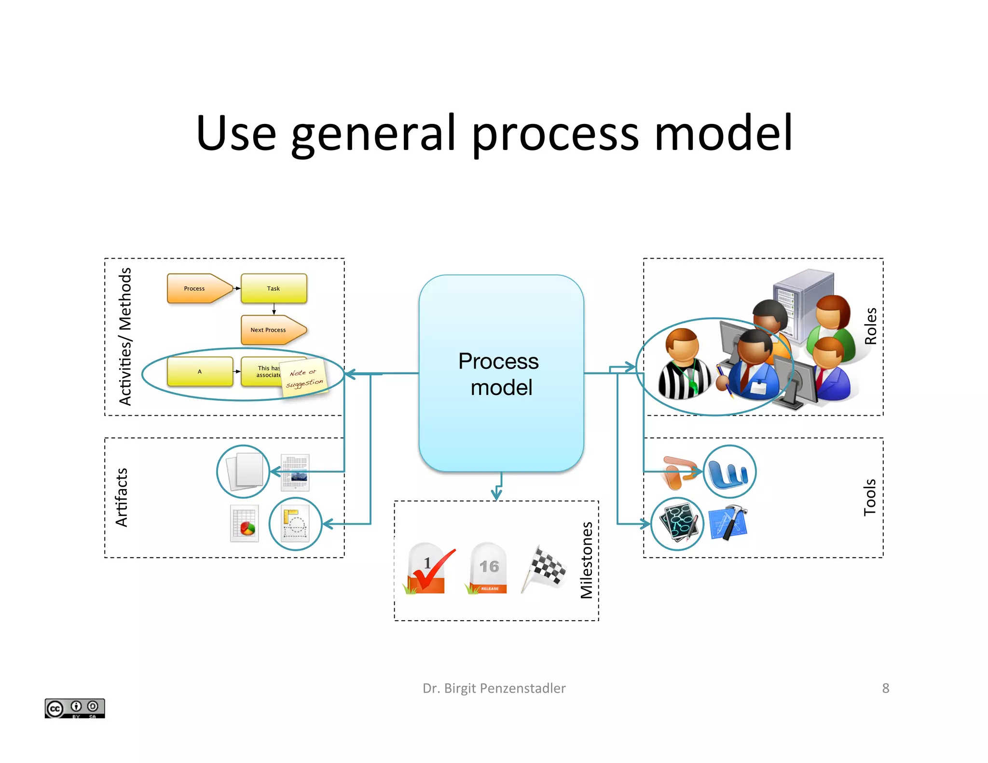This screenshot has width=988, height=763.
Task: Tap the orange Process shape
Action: [198, 288]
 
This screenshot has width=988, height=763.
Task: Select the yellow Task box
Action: [274, 288]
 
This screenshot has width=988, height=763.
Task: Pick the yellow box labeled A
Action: [200, 371]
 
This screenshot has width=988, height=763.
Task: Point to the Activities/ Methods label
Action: [125, 336]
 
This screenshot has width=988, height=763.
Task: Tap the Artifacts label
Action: [122, 497]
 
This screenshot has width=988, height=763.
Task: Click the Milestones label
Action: [586, 560]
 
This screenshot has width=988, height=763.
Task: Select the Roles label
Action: [870, 326]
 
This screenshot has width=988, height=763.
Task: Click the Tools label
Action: [869, 497]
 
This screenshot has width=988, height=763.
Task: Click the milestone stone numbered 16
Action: [488, 569]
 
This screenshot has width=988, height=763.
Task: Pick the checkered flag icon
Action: [545, 568]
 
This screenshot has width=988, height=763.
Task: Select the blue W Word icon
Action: [729, 472]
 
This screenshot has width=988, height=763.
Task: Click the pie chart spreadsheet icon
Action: [245, 524]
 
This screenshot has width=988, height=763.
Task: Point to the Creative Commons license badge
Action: [75, 708]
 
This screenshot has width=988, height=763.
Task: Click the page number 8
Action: [885, 688]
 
